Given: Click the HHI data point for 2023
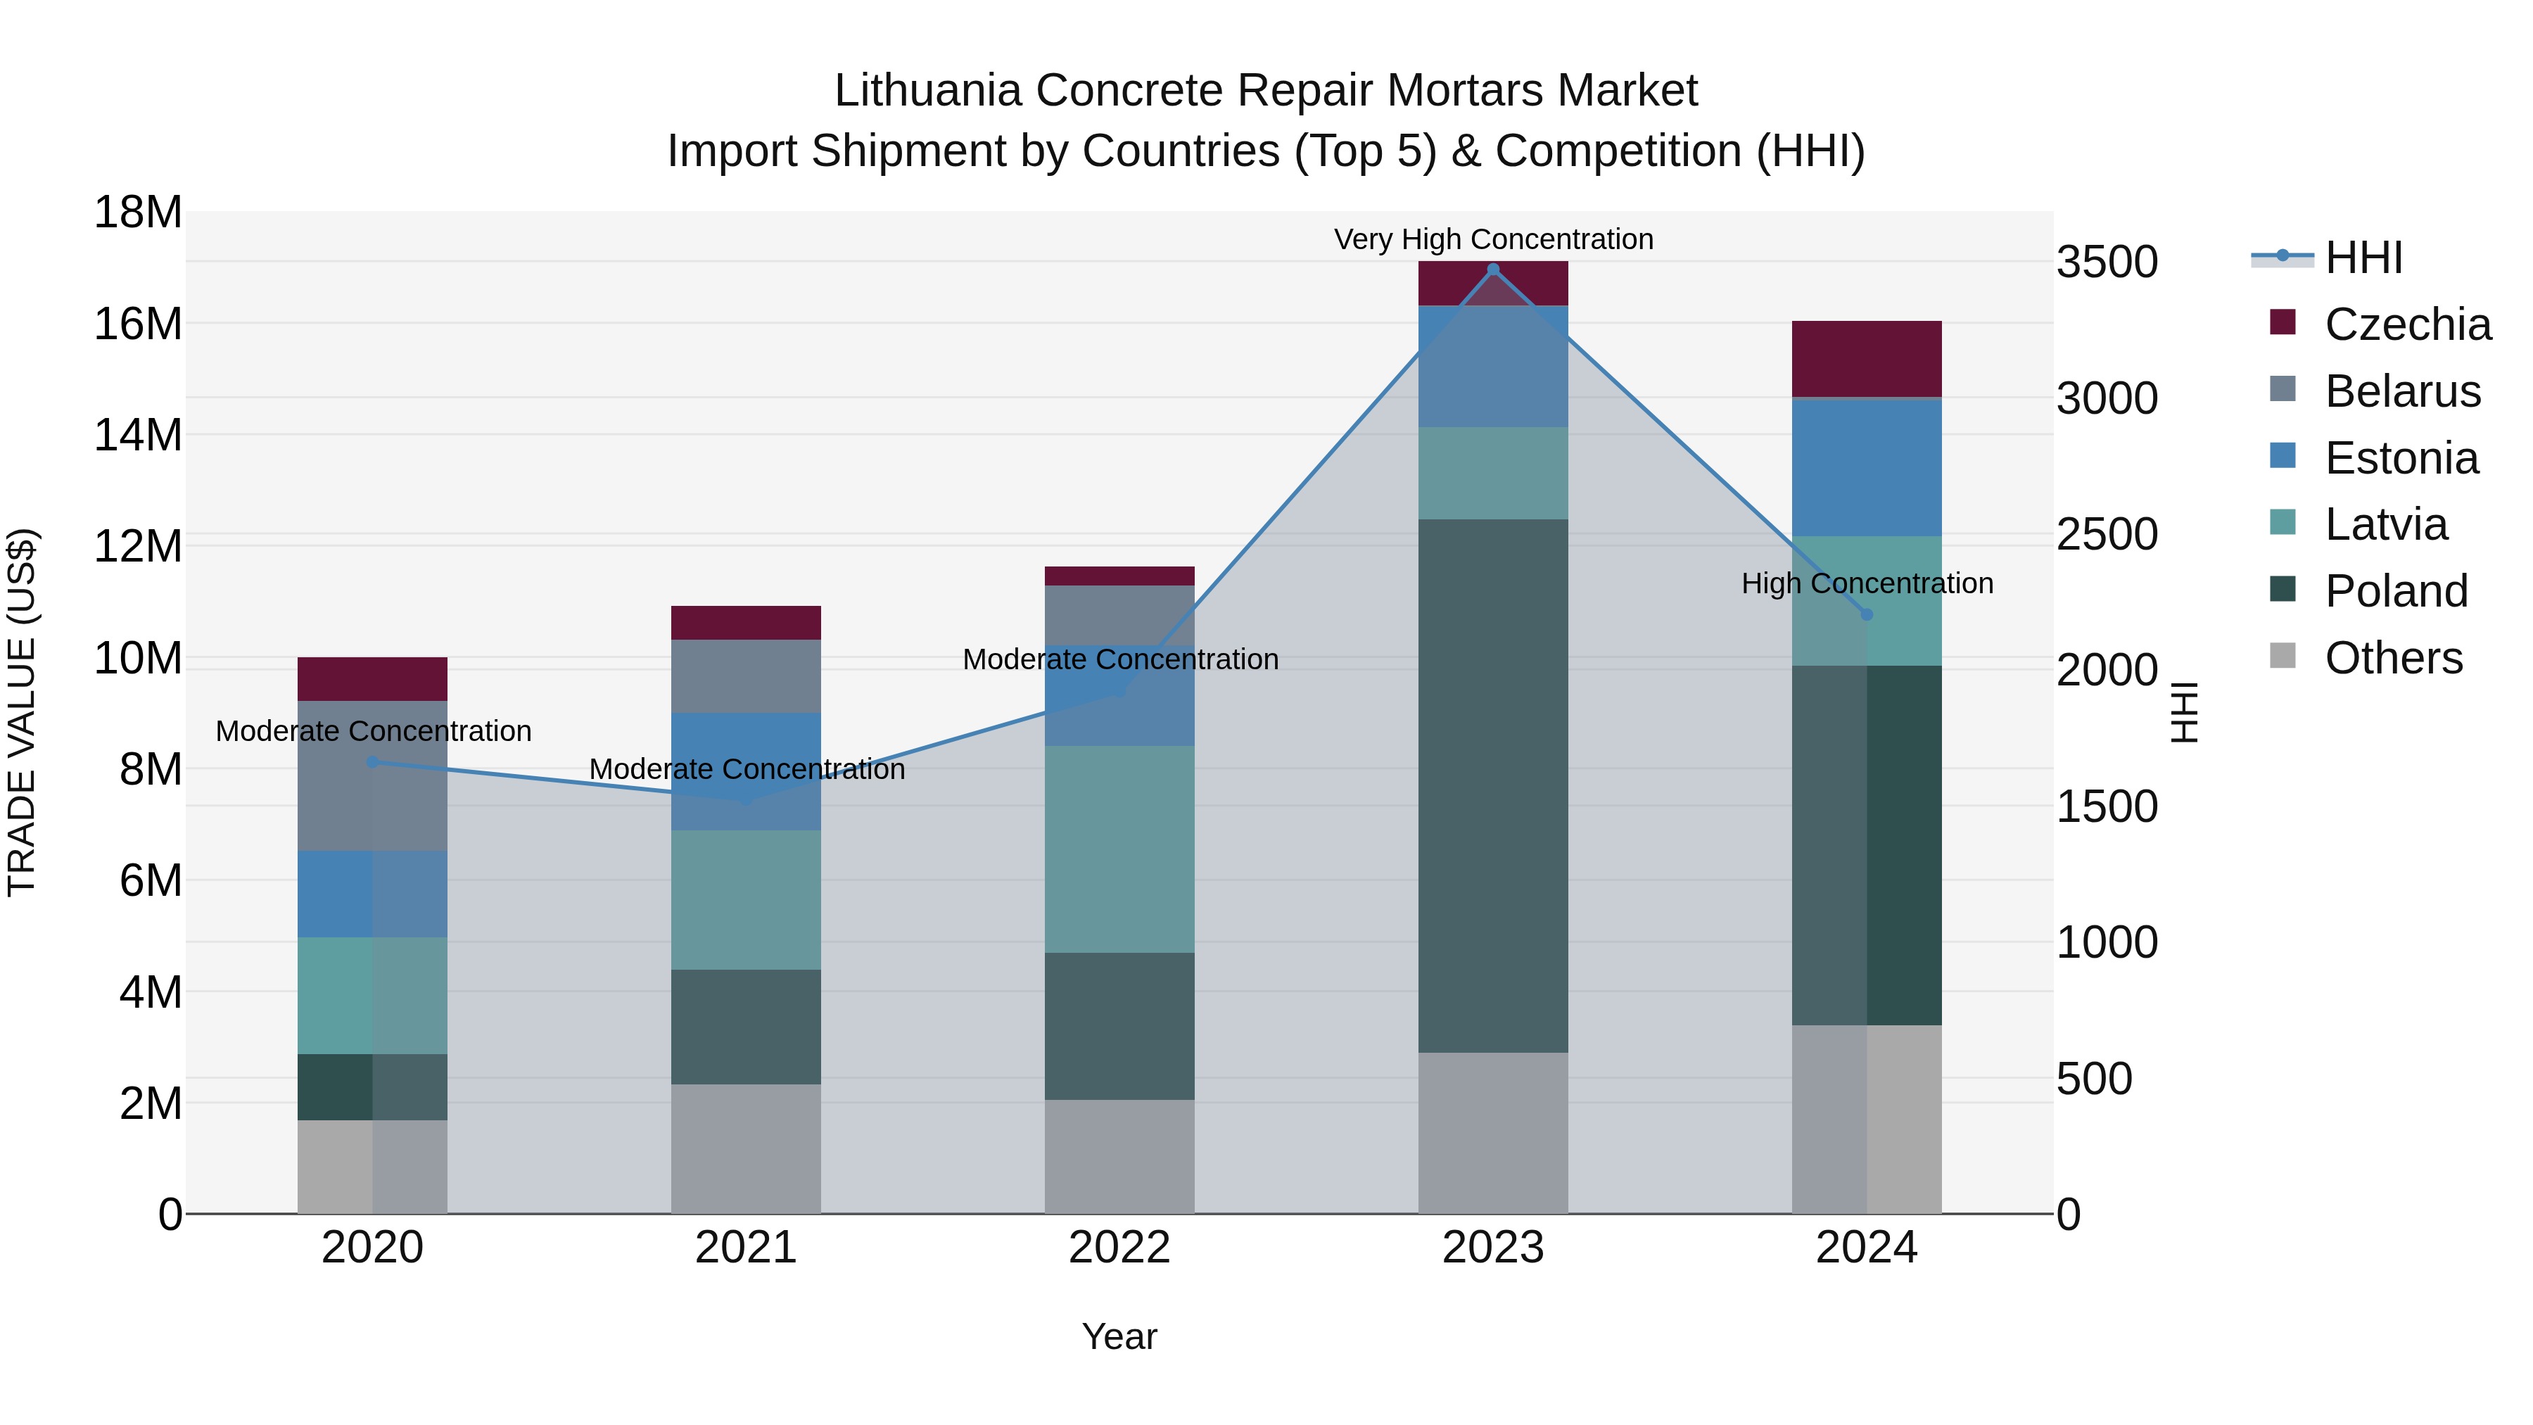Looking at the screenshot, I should tap(1492, 270).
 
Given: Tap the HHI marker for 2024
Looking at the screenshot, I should tap(1866, 614).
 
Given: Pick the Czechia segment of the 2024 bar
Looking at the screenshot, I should tap(1866, 359).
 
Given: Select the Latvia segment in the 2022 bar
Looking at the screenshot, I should tap(1119, 849).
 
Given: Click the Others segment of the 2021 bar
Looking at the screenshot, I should tap(745, 1148).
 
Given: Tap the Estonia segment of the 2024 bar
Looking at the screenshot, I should tap(1866, 467).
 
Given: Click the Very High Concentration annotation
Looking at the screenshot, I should tap(1492, 240).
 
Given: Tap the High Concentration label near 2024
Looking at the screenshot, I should tap(1866, 583).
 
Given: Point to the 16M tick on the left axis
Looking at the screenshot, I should tap(138, 324).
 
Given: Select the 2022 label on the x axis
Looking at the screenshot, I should tap(1119, 1248).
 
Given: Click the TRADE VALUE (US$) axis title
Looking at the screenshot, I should tap(23, 712).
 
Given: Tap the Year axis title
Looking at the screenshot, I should tap(1119, 1336).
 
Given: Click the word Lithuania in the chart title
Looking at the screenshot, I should tap(927, 91).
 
